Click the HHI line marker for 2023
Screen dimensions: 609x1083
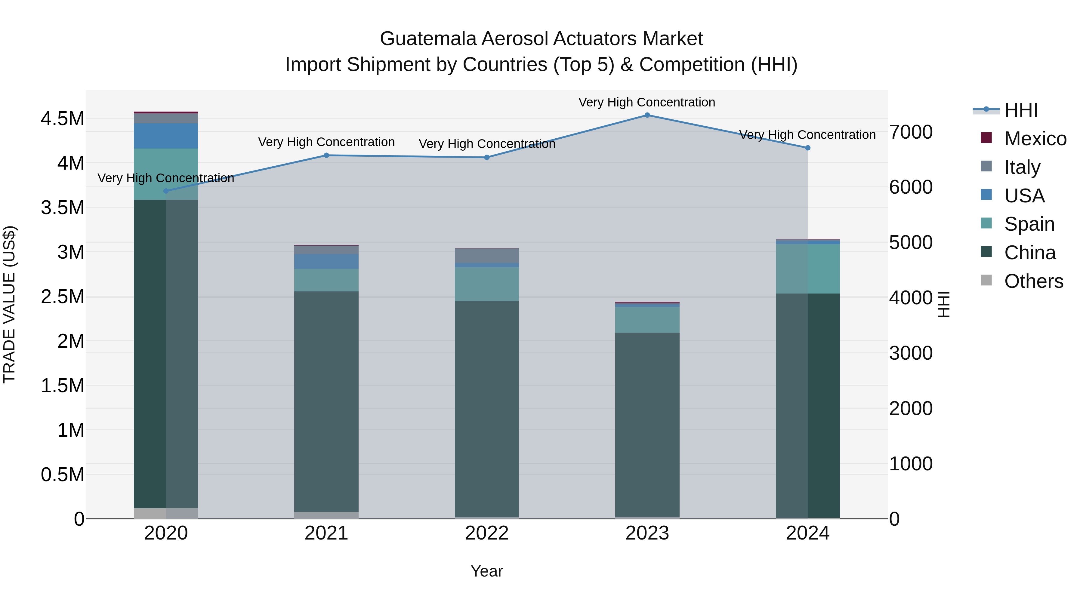click(647, 115)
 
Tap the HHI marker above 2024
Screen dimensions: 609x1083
click(808, 148)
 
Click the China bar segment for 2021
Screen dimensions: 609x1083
click(326, 401)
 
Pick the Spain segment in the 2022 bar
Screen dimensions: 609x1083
click(487, 284)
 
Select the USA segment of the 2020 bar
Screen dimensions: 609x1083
click(166, 136)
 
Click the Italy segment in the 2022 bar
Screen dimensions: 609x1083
click(487, 256)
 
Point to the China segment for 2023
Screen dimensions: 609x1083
click(647, 424)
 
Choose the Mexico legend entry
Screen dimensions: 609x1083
click(1035, 139)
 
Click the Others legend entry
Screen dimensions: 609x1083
click(1033, 281)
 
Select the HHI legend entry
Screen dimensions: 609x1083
click(1021, 110)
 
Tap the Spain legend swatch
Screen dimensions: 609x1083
click(986, 223)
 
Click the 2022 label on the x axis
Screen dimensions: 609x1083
click(487, 533)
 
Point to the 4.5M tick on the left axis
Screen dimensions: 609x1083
click(63, 119)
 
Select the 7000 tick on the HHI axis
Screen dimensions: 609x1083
click(911, 132)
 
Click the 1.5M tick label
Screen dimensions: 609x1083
click(63, 386)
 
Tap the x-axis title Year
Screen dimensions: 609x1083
click(487, 571)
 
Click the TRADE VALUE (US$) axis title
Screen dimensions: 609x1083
click(9, 304)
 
